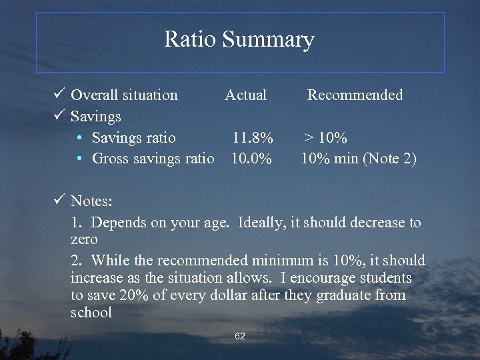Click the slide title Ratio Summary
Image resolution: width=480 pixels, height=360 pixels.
coord(239,39)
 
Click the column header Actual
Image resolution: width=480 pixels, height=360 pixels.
coord(245,95)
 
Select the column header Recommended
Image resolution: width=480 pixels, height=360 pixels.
coord(355,95)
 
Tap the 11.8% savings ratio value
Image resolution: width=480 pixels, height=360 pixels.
coord(252,138)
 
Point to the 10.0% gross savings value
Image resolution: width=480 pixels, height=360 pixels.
coord(251,159)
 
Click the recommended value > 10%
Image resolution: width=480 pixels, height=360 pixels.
coord(325,138)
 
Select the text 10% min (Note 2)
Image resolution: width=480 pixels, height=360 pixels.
coord(358,159)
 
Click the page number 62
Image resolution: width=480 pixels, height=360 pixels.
coord(240,336)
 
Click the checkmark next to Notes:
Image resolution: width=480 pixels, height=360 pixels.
coord(59,200)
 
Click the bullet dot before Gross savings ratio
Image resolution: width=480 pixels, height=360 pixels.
coord(79,159)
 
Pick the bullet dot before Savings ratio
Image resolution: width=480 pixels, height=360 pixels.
coord(79,138)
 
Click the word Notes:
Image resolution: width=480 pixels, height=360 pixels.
coord(92,201)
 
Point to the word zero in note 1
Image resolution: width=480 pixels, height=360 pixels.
coord(84,239)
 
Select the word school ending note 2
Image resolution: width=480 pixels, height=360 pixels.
coord(91,312)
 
